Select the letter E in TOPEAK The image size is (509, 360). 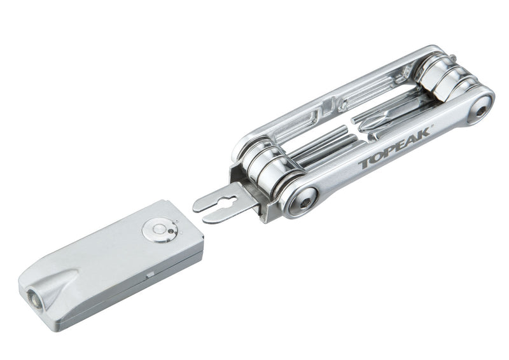pyautogui.click(x=400, y=146)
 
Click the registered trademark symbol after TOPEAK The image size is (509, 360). pyautogui.click(x=432, y=127)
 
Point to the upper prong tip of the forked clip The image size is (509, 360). pyautogui.click(x=195, y=207)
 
